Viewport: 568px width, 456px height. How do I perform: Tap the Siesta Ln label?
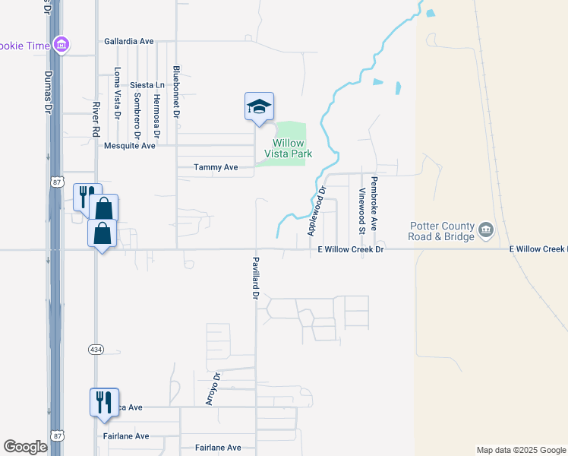(147, 85)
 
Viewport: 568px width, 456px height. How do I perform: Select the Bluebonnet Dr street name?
(176, 90)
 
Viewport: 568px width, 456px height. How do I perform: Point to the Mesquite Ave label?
(130, 145)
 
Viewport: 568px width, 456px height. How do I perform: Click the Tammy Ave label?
(216, 167)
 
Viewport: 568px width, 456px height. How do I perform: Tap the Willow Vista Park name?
(288, 148)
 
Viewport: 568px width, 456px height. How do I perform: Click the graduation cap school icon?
(259, 106)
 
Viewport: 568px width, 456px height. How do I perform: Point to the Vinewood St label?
(363, 211)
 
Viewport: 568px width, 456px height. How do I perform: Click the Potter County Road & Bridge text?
(442, 231)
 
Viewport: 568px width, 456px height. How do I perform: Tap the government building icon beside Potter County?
(486, 228)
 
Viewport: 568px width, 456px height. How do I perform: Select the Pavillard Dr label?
(256, 277)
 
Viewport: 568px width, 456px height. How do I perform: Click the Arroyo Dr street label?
(217, 388)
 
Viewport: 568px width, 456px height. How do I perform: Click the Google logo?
(25, 447)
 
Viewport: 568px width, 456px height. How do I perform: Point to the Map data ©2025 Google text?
(520, 450)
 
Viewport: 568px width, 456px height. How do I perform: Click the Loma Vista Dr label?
(117, 93)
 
